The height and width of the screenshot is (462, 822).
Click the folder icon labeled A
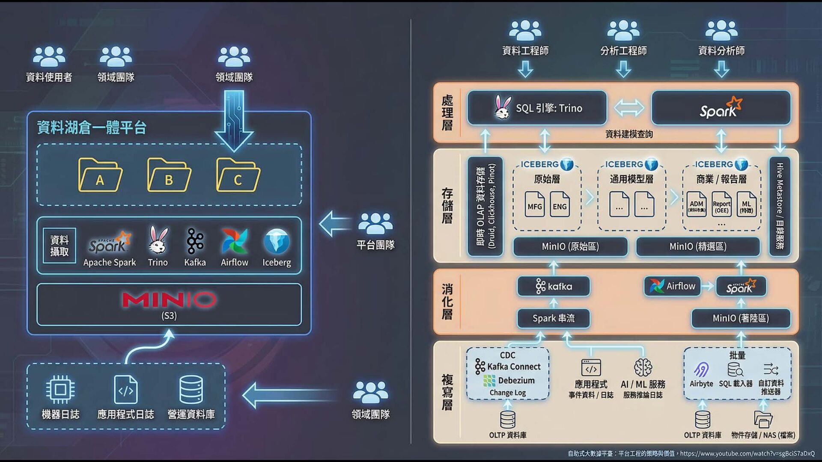tap(100, 175)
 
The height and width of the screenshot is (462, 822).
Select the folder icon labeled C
tap(238, 175)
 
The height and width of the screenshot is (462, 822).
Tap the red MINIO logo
tap(169, 300)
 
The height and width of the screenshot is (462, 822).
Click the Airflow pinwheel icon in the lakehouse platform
tap(234, 242)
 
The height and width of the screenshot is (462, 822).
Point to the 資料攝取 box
tap(60, 246)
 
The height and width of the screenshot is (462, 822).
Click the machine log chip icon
tap(60, 389)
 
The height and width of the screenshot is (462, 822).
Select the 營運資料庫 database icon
tap(191, 389)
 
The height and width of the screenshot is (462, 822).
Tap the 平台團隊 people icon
tap(375, 223)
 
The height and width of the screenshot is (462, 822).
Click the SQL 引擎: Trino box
tap(537, 108)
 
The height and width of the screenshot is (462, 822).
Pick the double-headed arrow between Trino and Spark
tap(629, 108)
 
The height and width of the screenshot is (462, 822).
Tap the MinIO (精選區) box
tap(698, 246)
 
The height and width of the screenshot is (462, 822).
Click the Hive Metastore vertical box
tap(780, 206)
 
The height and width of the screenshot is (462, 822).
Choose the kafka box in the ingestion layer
tap(553, 286)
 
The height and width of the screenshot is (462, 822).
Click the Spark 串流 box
tap(553, 318)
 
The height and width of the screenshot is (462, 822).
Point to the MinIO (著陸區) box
tap(741, 318)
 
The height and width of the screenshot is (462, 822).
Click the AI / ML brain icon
tap(643, 367)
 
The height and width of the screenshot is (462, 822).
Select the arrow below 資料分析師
tap(721, 69)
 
